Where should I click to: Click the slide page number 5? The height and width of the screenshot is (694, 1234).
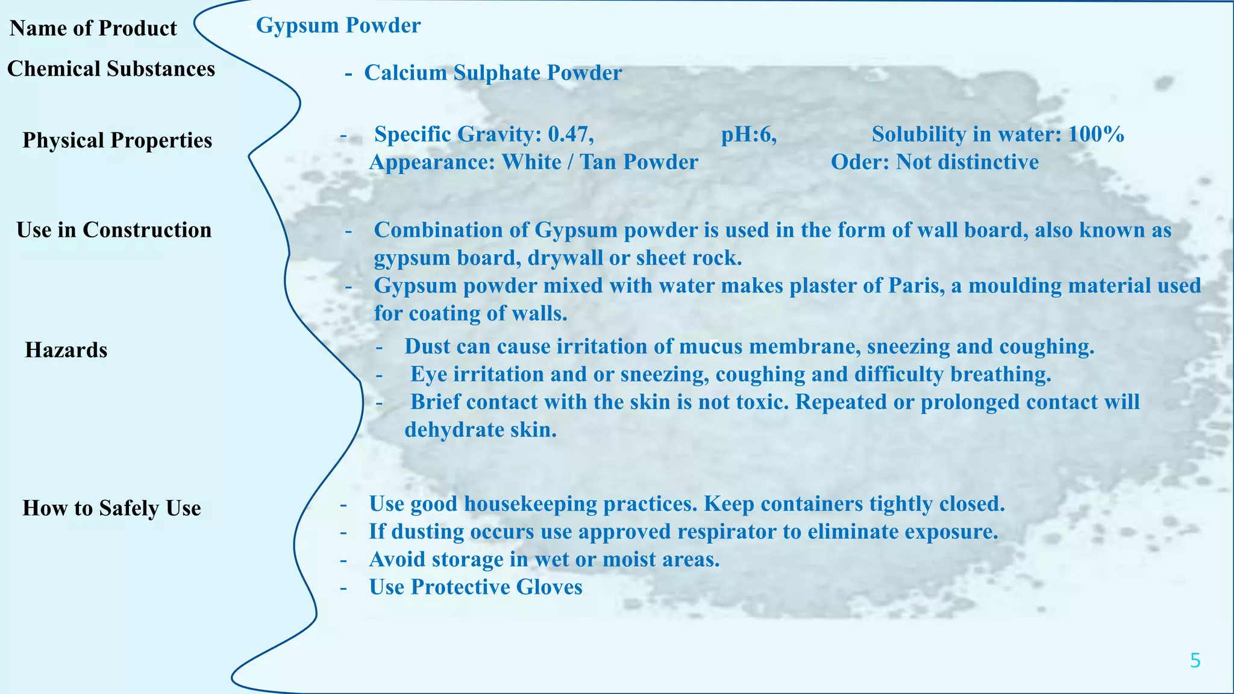1195,661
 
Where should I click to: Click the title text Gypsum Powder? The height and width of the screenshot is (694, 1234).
338,25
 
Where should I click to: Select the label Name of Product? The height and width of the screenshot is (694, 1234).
93,28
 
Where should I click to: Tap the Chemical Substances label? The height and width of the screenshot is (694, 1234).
111,69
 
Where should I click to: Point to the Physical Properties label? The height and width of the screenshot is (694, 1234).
117,140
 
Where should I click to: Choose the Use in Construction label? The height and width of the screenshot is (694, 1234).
114,230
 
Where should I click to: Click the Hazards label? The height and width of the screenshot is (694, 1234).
66,350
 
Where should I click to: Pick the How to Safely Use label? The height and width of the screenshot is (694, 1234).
111,508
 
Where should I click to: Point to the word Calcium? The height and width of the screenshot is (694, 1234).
406,73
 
